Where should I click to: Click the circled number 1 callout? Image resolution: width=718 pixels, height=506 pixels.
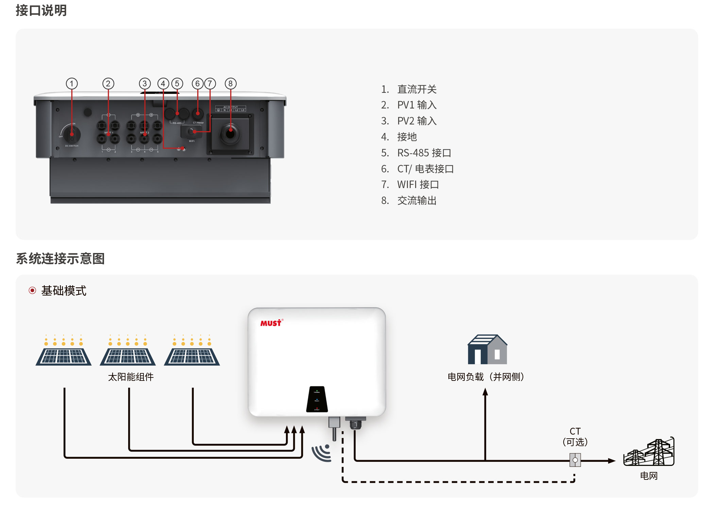click(x=71, y=84)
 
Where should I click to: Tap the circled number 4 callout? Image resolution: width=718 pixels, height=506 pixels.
click(x=163, y=84)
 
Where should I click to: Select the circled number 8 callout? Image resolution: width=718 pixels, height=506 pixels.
click(x=230, y=84)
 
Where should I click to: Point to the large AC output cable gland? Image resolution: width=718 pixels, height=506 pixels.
click(x=230, y=133)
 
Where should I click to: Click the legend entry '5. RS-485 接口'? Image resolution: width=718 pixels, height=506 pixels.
click(x=416, y=153)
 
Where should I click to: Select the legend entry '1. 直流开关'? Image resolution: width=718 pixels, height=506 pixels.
click(x=409, y=89)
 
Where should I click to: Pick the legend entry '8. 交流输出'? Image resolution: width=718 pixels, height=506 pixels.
click(x=409, y=201)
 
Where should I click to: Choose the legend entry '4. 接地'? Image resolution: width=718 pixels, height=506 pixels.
click(x=399, y=137)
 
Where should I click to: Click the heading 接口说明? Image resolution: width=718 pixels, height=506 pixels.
click(x=41, y=11)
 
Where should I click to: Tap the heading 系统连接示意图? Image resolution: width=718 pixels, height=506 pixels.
click(x=60, y=259)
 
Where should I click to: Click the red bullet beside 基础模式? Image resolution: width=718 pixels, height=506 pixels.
click(x=32, y=290)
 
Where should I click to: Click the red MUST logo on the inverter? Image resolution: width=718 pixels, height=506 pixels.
click(x=271, y=323)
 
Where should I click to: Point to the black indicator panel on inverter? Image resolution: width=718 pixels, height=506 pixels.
click(x=317, y=399)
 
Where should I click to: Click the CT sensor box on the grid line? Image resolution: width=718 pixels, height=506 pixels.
click(x=575, y=460)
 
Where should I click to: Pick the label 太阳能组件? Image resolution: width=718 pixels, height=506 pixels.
click(x=131, y=377)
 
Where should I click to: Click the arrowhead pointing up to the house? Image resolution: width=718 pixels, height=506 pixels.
click(x=485, y=392)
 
